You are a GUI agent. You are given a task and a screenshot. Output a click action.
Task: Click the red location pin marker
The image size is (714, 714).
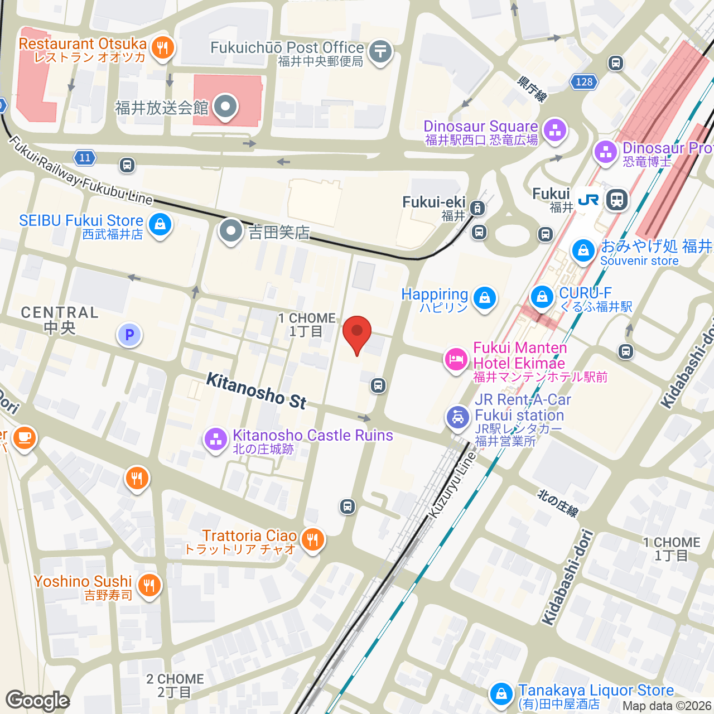pos(356,332)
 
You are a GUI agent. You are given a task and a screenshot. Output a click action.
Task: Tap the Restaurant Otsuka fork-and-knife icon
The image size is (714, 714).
pos(162,48)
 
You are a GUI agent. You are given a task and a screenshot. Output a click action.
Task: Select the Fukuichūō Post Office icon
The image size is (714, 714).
pos(380,52)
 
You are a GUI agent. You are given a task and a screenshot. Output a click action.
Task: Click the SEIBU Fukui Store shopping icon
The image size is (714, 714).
pos(160,225)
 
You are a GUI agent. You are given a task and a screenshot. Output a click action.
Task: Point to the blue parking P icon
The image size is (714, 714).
pos(129,335)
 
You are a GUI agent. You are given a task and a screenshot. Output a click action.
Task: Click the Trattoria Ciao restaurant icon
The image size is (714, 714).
pos(313,539)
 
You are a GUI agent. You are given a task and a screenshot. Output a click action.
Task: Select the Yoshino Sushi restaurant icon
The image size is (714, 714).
pos(149,585)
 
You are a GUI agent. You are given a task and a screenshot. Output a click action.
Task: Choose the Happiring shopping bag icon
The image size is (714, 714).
pos(485,298)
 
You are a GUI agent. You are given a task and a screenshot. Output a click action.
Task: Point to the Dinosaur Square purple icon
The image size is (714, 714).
pos(554,131)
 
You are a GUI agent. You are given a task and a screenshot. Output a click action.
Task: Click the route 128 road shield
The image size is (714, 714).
pos(584,82)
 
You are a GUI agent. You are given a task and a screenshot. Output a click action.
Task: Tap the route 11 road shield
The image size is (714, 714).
pos(85,158)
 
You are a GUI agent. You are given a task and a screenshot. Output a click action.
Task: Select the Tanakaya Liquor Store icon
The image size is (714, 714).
pos(501,694)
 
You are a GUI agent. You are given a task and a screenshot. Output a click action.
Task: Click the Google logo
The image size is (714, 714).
pos(38,701)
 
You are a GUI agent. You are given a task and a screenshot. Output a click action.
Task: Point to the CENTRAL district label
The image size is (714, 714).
pos(60,320)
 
